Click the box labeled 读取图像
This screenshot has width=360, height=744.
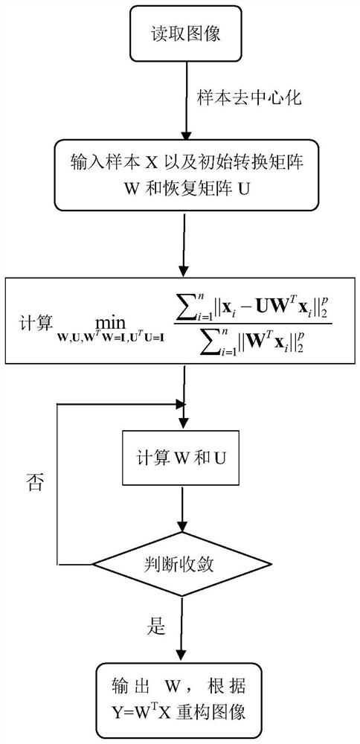183,34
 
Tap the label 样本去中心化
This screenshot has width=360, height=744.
249,98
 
